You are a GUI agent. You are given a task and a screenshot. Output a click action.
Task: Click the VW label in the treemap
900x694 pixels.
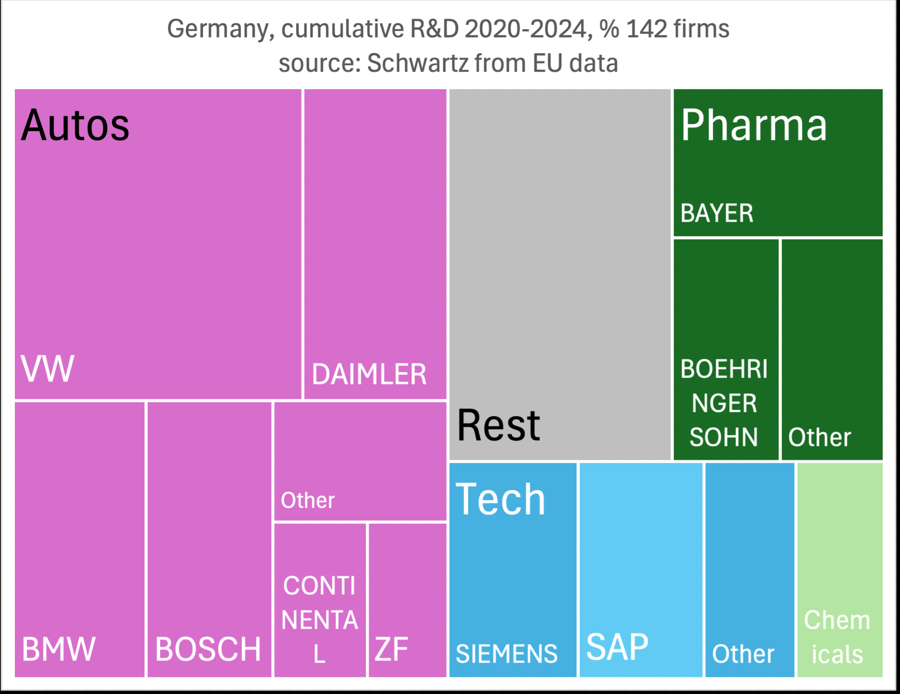[x=47, y=369]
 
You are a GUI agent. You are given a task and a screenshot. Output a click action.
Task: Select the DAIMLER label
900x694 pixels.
[x=369, y=375]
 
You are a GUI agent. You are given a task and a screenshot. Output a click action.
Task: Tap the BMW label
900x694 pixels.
[x=58, y=649]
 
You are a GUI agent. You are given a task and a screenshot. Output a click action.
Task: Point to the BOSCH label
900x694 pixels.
[x=208, y=649]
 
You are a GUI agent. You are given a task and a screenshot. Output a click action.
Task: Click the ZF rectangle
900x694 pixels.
[x=407, y=600]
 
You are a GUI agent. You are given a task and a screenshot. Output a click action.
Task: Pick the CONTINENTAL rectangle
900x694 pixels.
[x=320, y=600]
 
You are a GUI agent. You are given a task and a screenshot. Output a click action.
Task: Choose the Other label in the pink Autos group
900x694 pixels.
[x=308, y=501]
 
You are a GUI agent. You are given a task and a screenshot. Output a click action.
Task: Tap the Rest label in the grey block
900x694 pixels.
[x=498, y=425]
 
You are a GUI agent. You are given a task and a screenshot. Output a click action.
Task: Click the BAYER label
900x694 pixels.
[x=717, y=213]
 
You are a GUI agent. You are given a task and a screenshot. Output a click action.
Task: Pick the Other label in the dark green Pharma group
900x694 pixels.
[x=819, y=437]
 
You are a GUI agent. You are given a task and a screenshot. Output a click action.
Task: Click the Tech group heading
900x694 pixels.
[x=500, y=499]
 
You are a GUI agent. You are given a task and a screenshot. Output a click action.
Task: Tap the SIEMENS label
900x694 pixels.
[x=507, y=654]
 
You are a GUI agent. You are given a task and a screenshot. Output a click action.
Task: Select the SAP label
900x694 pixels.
[x=617, y=647]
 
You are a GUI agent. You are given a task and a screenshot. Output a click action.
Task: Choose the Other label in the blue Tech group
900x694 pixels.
[x=743, y=654]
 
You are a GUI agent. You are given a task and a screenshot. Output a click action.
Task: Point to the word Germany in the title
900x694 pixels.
[x=220, y=29]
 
